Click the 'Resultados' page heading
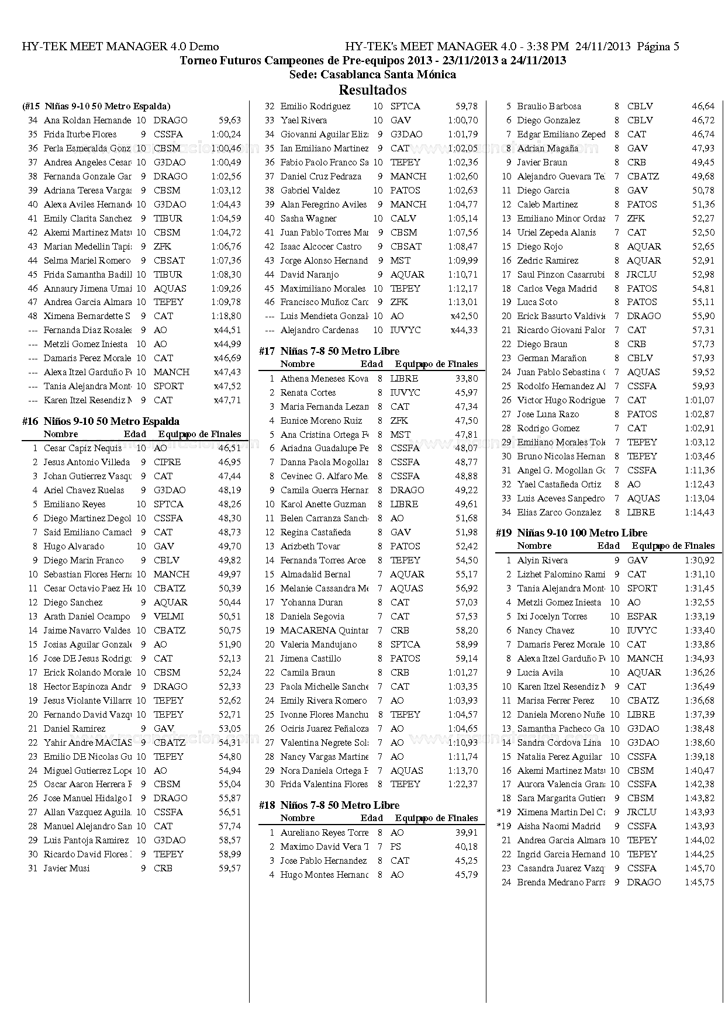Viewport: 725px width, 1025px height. (372, 90)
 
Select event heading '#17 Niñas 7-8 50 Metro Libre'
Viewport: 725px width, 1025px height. (329, 351)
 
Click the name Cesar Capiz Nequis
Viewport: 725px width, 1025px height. (82, 448)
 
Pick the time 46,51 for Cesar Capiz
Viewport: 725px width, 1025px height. (230, 448)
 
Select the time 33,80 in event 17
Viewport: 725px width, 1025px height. (467, 379)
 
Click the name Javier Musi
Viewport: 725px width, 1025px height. (67, 868)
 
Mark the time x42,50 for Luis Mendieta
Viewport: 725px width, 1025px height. (464, 316)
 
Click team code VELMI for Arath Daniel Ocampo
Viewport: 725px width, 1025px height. (168, 617)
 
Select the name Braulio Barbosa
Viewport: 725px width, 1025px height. (549, 106)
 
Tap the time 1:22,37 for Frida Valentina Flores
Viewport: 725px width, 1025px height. (462, 784)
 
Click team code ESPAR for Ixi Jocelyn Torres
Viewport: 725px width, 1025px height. (642, 617)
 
